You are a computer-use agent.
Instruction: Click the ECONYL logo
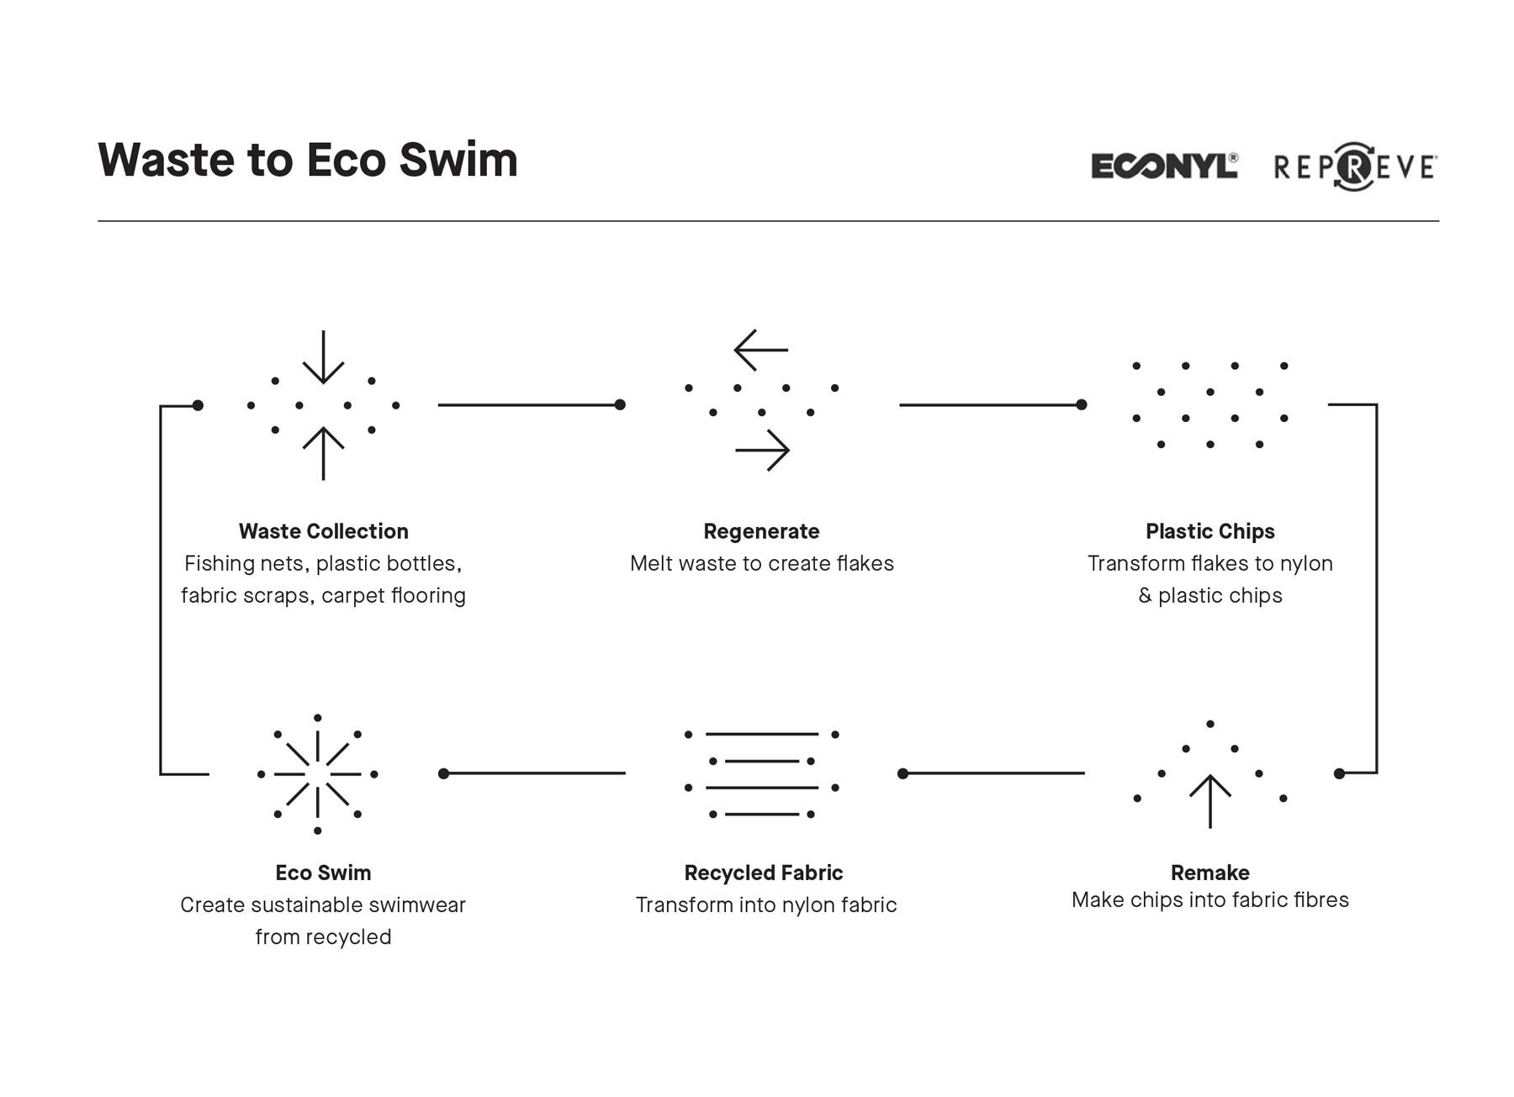tap(1165, 166)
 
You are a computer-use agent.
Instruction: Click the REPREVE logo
tap(1355, 166)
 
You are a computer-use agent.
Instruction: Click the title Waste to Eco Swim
tap(308, 159)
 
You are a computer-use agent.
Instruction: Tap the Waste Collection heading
tap(323, 531)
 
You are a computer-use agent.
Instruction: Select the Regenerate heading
tap(761, 531)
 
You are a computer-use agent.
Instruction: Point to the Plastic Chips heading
tap(1210, 531)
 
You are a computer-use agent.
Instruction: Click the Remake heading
tap(1210, 873)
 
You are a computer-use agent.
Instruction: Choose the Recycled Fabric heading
tap(763, 873)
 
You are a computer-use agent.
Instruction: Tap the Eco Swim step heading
tap(323, 873)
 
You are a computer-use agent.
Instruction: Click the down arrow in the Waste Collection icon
tap(323, 357)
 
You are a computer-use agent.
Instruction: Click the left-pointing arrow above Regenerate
tap(760, 350)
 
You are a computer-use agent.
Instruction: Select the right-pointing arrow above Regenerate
tap(762, 451)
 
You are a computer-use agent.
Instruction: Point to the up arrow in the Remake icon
tap(1210, 801)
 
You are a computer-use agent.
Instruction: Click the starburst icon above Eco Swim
tap(317, 774)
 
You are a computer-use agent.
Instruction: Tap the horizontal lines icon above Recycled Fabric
tap(761, 774)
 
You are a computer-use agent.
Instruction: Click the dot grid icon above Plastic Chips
tap(1210, 405)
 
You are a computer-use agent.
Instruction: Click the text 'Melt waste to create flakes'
tap(761, 563)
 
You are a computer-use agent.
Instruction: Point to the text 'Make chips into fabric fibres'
tap(1210, 900)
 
